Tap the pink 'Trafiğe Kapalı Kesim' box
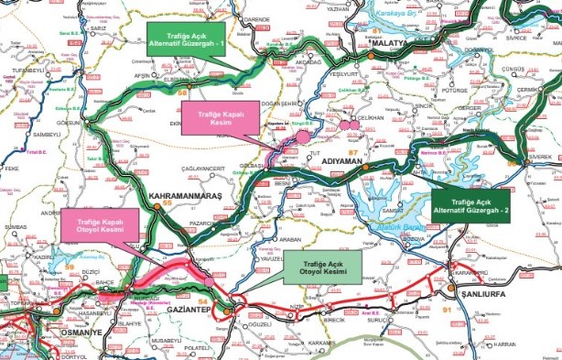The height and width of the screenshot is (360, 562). coord(221,119)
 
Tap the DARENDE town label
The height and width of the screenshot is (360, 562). coord(257,17)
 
